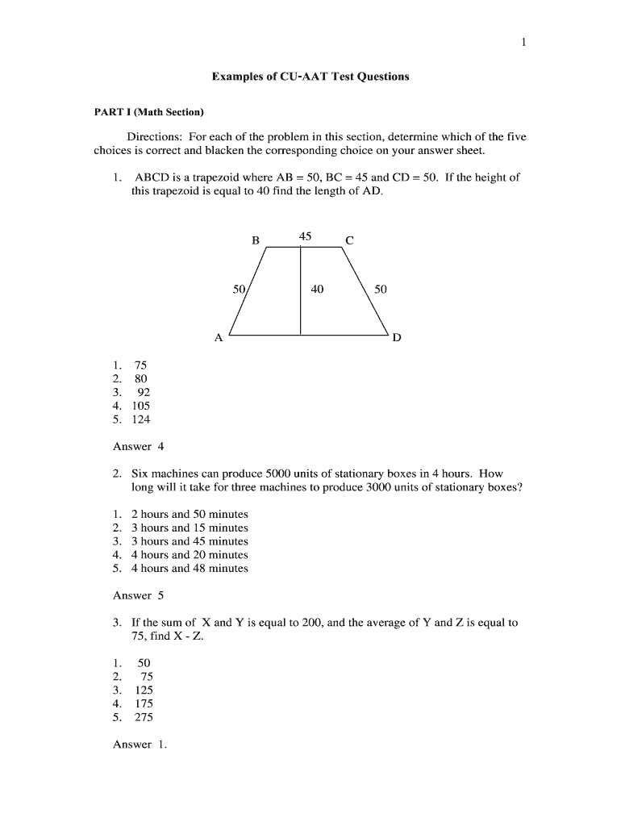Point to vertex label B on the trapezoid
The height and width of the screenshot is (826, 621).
(256, 240)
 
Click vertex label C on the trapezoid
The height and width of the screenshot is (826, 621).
(349, 240)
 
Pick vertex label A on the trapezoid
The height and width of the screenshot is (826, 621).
(218, 339)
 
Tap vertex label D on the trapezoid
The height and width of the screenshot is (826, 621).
(396, 339)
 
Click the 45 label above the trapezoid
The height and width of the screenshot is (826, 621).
(305, 236)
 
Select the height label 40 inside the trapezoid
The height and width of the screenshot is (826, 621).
(317, 289)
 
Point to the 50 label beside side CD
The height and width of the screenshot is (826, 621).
(380, 289)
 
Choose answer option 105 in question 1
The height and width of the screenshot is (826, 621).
(140, 406)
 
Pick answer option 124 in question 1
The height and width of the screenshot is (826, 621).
(140, 419)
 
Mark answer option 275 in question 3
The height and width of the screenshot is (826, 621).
(143, 717)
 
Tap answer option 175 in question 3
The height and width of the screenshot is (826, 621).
(143, 703)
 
